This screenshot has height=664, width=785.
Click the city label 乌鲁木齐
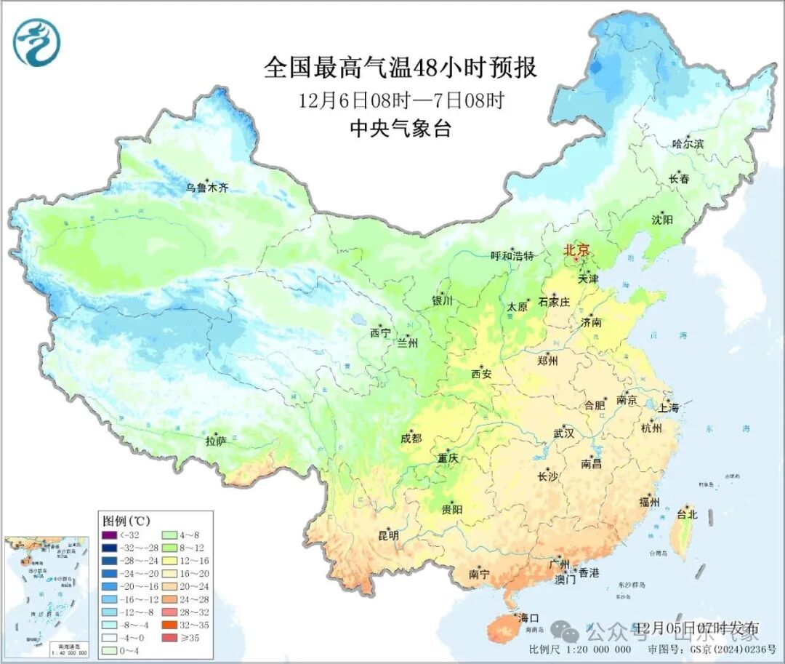(207, 188)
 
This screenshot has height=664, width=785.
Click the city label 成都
(411, 438)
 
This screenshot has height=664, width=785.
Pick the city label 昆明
(388, 536)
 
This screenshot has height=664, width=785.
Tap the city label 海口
(528, 618)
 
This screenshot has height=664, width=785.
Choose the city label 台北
(687, 514)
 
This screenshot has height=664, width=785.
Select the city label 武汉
(563, 433)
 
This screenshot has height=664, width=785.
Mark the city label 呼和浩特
(512, 256)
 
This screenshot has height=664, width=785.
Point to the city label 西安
(481, 374)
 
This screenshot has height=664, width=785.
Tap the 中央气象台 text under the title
(400, 129)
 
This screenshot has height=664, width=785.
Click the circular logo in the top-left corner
(36, 42)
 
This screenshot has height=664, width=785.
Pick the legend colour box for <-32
(109, 535)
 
